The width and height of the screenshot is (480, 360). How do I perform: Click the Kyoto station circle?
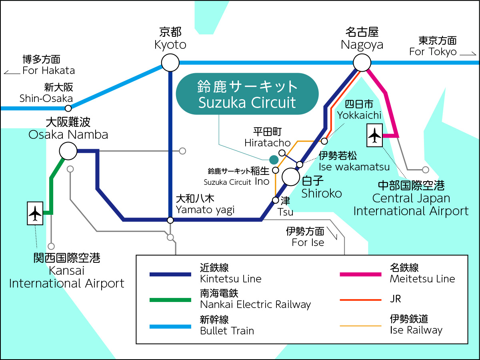pyautogui.click(x=170, y=63)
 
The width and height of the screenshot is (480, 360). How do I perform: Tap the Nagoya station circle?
pyautogui.click(x=362, y=63)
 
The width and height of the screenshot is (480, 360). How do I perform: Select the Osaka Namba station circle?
pyautogui.click(x=68, y=151)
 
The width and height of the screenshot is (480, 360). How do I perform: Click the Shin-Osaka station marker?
pyautogui.click(x=68, y=108)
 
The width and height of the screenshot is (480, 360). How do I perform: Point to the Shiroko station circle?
pyautogui.click(x=291, y=176)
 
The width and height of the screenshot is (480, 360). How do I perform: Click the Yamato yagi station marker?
pyautogui.click(x=170, y=220)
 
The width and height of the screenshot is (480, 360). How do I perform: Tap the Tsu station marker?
pyautogui.click(x=276, y=200)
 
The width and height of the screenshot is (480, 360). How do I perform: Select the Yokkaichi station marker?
pyautogui.click(x=324, y=141)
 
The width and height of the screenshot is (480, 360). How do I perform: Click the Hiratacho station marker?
pyautogui.click(x=282, y=153)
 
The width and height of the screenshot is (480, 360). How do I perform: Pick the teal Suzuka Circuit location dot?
pyautogui.click(x=274, y=160)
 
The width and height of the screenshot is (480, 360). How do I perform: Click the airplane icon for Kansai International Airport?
pyautogui.click(x=35, y=213)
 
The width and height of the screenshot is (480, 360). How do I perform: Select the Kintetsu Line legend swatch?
pyautogui.click(x=170, y=274)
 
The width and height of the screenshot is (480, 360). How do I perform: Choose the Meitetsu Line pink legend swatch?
pyautogui.click(x=360, y=274)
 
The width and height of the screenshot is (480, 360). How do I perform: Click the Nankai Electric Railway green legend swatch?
pyautogui.click(x=170, y=300)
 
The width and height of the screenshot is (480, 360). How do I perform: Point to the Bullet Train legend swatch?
pyautogui.click(x=170, y=326)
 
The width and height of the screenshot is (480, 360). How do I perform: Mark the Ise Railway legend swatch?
pyautogui.click(x=360, y=326)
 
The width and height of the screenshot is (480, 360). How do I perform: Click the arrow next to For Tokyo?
pyautogui.click(x=468, y=53)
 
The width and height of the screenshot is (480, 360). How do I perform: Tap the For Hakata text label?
pyautogui.click(x=48, y=70)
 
